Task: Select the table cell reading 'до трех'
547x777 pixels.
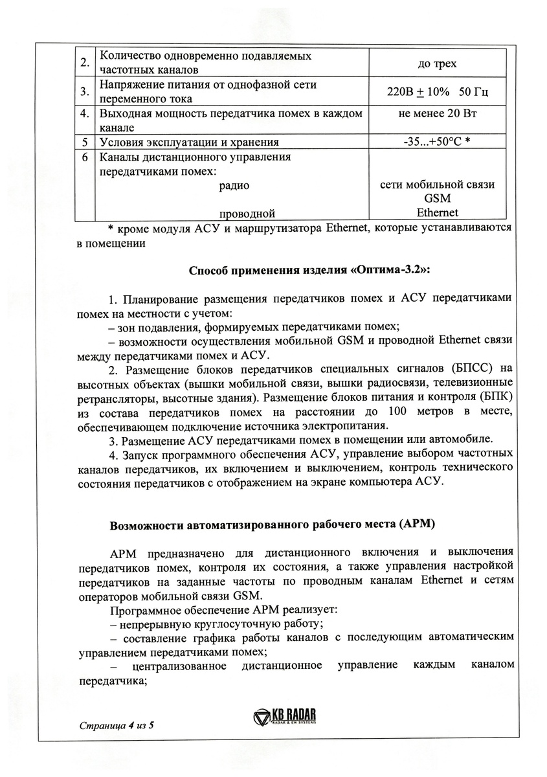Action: [x=437, y=64]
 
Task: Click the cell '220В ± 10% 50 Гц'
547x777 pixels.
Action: [x=437, y=93]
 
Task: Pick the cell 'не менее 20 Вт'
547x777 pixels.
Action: [x=437, y=114]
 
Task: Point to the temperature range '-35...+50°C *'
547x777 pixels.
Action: [x=437, y=142]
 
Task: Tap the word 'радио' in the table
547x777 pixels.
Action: [x=234, y=185]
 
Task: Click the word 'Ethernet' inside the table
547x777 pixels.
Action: [x=437, y=212]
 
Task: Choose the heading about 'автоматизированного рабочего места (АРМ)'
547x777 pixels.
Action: [x=276, y=525]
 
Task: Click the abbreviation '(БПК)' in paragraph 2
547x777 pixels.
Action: [x=498, y=398]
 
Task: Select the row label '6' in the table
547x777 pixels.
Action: [x=85, y=157]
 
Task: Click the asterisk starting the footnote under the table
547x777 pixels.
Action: [x=111, y=229]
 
